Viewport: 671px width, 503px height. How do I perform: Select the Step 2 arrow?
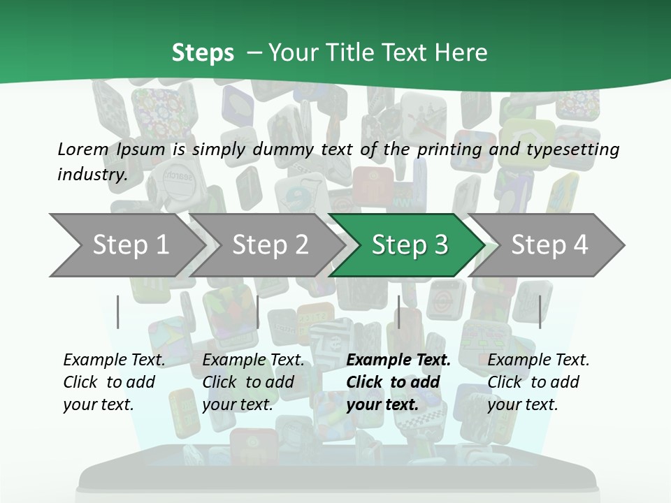[x=270, y=245]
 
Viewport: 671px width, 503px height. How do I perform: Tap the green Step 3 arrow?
[x=410, y=245]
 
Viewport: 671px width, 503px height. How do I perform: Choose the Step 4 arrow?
[x=549, y=245]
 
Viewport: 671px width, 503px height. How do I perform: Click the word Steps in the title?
[x=203, y=53]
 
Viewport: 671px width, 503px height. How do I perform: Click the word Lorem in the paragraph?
[x=82, y=149]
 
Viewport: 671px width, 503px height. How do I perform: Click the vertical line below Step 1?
[x=118, y=312]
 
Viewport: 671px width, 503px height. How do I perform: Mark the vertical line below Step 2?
[x=258, y=312]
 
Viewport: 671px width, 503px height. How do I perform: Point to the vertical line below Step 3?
[x=398, y=312]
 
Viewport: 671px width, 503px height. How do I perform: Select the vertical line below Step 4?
[x=540, y=312]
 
